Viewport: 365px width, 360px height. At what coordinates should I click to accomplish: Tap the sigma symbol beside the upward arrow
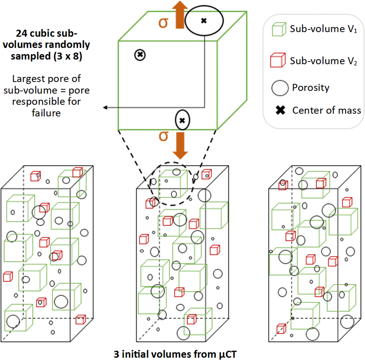pos(163,22)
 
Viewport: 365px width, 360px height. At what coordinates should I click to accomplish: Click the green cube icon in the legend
pos(279,29)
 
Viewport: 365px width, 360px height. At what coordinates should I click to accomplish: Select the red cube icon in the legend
pos(278,60)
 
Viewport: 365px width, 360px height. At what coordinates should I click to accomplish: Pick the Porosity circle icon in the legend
pos(280,88)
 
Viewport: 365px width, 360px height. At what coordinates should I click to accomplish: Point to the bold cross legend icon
pos(280,110)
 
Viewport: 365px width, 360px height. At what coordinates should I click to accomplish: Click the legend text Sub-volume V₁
pos(323,29)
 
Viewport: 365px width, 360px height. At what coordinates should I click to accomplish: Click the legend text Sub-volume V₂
pos(323,61)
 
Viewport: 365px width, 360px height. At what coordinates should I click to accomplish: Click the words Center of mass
pos(326,110)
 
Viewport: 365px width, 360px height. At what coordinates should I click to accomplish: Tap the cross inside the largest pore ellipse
pos(204,21)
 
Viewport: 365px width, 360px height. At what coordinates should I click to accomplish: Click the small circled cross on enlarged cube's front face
pos(140,55)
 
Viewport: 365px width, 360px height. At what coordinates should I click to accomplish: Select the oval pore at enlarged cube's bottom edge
pos(182,120)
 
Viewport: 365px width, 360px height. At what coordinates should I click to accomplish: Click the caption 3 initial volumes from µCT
pos(175,354)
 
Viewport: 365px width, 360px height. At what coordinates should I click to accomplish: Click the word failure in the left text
pos(46,113)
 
